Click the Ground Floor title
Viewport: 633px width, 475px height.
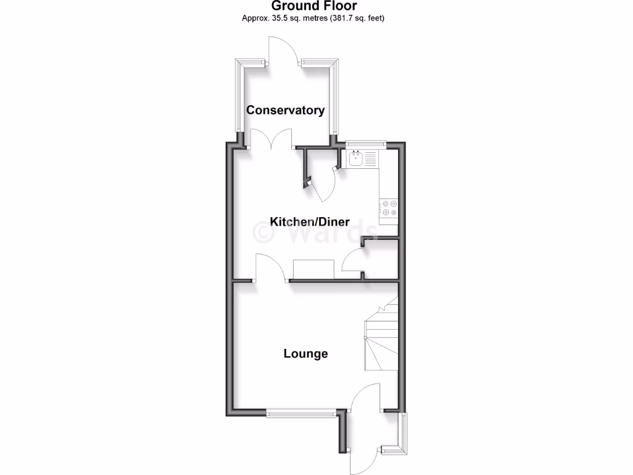coord(313,6)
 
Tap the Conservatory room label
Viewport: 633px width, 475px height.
coord(285,110)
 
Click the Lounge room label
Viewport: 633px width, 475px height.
coord(305,354)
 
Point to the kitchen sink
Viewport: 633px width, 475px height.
coord(357,159)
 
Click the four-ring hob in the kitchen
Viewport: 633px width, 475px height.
coord(389,207)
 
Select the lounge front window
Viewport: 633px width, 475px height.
coord(301,413)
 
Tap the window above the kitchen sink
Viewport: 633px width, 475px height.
coord(365,143)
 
